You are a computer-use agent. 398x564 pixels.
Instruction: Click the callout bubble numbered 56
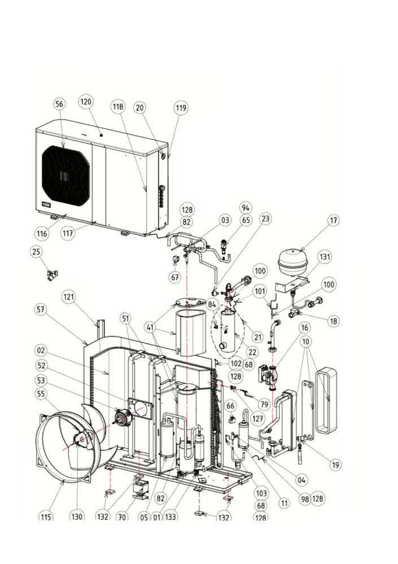point(59,104)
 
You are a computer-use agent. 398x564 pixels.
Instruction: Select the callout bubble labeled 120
point(86,102)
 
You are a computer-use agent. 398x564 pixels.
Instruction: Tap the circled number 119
point(180,108)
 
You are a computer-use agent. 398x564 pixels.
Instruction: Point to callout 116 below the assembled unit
point(42,233)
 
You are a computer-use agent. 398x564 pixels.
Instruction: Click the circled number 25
point(37,251)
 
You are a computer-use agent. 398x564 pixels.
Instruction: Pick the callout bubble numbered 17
point(334,220)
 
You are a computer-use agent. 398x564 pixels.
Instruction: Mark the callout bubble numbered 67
point(176,277)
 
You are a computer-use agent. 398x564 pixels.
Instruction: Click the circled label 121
point(68,297)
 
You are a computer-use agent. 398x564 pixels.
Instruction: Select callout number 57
point(41,310)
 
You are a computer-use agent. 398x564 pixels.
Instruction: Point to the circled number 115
point(47,516)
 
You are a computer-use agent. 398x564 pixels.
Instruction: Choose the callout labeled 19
point(336,465)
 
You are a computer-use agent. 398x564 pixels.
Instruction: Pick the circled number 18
point(334,321)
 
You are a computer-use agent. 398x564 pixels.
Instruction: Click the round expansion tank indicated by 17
point(299,263)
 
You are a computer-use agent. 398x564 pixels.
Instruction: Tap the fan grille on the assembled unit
point(65,172)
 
